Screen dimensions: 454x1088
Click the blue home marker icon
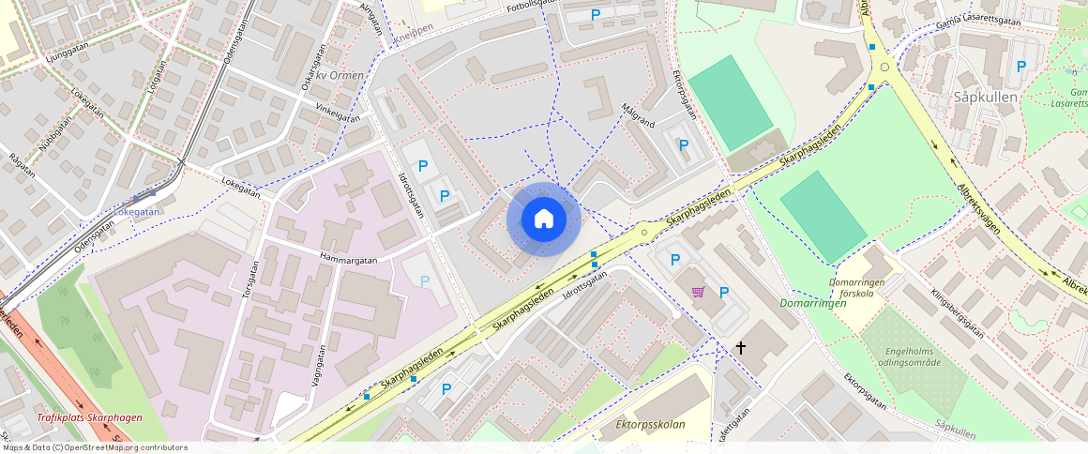coord(544,219)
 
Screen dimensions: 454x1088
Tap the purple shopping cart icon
coord(698,292)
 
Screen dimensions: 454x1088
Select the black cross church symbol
coord(741,348)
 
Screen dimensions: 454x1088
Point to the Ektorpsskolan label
coord(650,425)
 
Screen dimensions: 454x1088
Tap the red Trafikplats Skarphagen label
coord(89,417)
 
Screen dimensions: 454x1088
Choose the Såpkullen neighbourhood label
coord(979,98)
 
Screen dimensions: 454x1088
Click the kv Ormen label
coord(340,75)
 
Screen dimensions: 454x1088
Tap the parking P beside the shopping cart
coord(723,293)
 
